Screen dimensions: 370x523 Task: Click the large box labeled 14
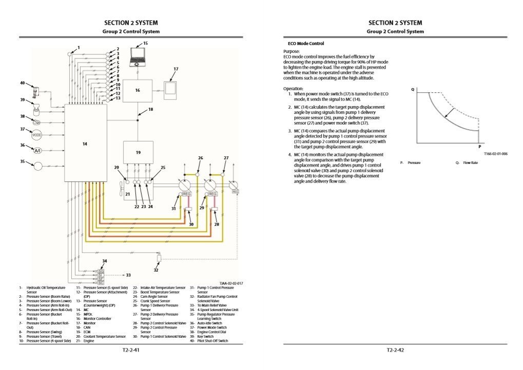click(x=85, y=143)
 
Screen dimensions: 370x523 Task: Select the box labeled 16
click(x=138, y=91)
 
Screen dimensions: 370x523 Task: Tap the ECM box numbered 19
click(x=138, y=152)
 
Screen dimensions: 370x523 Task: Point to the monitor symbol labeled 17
click(x=170, y=90)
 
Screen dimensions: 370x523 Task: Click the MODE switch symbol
click(x=37, y=135)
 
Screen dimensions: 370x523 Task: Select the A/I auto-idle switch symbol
click(x=37, y=151)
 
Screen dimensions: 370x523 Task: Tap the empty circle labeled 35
click(x=37, y=166)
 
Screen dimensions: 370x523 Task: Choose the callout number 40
click(x=22, y=83)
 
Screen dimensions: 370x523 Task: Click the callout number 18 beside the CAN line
click(x=150, y=109)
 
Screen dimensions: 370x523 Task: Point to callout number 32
click(x=156, y=270)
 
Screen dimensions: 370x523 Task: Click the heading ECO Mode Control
click(x=305, y=44)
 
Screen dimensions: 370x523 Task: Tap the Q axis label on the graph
click(x=413, y=89)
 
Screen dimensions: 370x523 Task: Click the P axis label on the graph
click(x=480, y=146)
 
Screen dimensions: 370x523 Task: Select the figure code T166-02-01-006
click(x=495, y=153)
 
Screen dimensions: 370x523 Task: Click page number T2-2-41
click(x=131, y=351)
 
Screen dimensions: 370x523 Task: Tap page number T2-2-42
click(x=395, y=351)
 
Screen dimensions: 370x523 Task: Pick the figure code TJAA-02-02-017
click(x=231, y=283)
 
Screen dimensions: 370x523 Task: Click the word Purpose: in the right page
click(x=292, y=52)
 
